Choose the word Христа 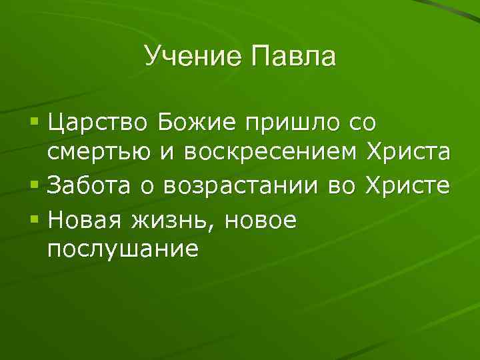coord(409,153)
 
